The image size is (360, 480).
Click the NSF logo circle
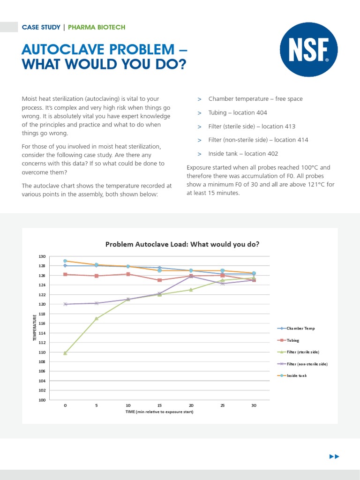coord(308,49)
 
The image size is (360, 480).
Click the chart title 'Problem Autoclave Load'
coord(182,244)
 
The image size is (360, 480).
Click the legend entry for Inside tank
coord(296,375)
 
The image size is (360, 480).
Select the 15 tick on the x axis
coord(159,405)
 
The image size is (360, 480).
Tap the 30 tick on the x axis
coord(254,405)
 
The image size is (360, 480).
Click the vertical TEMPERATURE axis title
coord(35,328)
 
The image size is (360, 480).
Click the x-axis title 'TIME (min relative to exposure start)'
coord(159,412)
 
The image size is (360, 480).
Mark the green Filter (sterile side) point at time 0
coord(65,353)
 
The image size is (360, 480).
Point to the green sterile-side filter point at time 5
coord(97,319)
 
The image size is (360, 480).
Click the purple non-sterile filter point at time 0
coord(65,304)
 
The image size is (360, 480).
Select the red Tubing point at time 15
coord(159,280)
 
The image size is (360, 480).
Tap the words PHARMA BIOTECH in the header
coord(97,27)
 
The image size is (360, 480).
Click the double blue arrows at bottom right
coord(334,457)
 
